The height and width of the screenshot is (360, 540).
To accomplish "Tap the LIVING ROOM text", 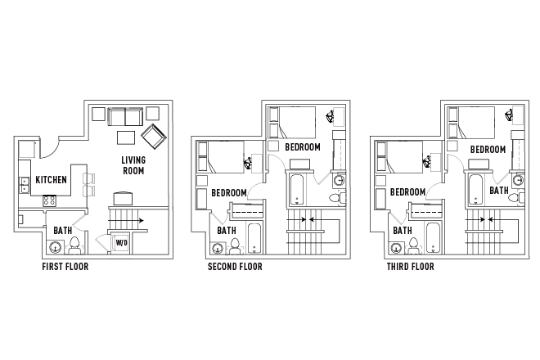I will point(133,165).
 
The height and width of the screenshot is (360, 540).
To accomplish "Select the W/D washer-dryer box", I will point(121,243).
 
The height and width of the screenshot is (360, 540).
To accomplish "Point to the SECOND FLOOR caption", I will point(235,267).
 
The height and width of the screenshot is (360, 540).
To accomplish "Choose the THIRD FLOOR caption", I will point(411,267).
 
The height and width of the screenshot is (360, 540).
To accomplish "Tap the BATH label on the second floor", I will point(227,231).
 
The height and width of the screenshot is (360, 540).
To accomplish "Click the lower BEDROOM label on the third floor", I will point(407,192).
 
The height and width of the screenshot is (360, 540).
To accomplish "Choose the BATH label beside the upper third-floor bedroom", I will point(498,190).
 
